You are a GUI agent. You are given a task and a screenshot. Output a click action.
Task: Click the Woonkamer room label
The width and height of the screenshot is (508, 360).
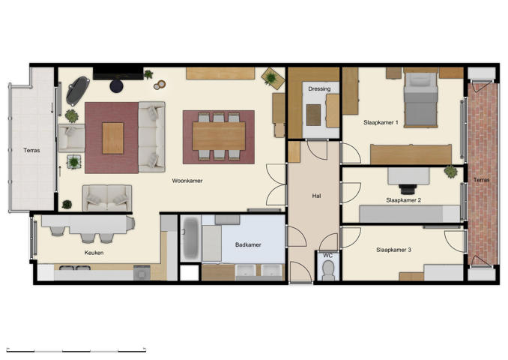coord(187,181)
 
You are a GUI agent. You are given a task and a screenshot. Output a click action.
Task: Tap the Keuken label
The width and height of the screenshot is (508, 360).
coord(94,253)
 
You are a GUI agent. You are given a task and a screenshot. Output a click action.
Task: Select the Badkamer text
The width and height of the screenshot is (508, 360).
coord(247,244)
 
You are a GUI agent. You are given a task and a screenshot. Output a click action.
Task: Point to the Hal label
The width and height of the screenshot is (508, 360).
coord(317,196)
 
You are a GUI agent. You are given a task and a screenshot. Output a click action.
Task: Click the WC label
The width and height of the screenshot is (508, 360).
coord(327,256)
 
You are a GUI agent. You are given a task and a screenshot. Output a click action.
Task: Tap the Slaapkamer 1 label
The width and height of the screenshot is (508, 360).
coord(381,121)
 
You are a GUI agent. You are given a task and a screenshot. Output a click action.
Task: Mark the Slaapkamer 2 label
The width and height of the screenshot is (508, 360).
coord(403,200)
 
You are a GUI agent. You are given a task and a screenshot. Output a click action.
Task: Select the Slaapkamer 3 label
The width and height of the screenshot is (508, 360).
coord(393,250)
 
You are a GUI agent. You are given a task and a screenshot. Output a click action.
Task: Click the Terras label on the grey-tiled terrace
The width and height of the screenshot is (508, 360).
coord(31,150)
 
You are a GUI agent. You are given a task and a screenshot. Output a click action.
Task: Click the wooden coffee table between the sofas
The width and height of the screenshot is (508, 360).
coord(113,138)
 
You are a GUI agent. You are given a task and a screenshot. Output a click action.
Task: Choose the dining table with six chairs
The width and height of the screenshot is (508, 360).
coord(218,136)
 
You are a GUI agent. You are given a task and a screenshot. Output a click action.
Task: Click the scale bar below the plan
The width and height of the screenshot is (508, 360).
coord(75,349)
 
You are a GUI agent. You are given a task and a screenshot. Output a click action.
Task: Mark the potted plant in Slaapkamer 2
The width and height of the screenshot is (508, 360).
coord(450,172)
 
